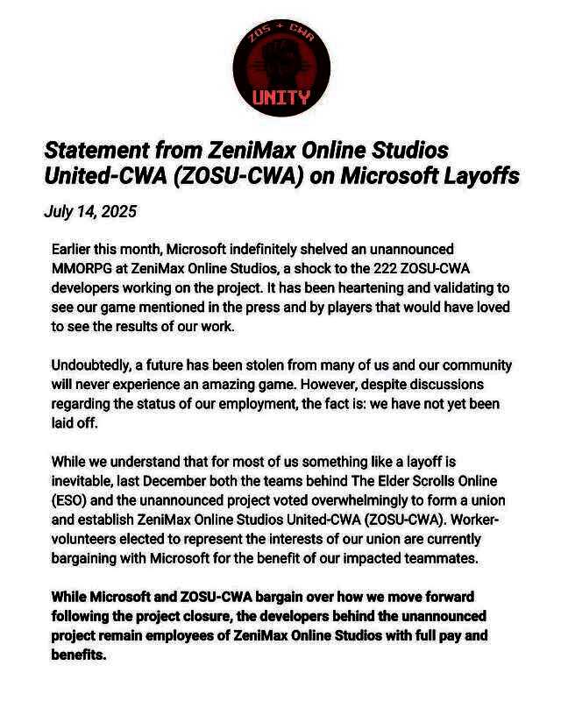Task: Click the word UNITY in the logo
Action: (x=281, y=97)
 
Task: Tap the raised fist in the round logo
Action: (x=281, y=61)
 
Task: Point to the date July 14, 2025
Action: (x=90, y=212)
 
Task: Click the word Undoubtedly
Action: (x=92, y=365)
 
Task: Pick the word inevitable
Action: (x=84, y=480)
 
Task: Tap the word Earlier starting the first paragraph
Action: (x=75, y=250)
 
